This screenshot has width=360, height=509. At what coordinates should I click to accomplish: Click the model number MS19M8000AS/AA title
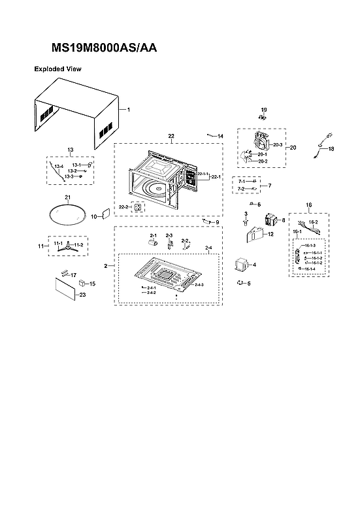click(x=104, y=48)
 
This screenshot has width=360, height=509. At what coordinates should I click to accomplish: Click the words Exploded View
click(x=57, y=68)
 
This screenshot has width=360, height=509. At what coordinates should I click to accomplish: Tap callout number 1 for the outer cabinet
click(x=129, y=110)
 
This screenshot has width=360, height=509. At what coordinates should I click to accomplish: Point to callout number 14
click(x=220, y=136)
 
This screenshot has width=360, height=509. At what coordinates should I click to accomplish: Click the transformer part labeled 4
click(x=242, y=265)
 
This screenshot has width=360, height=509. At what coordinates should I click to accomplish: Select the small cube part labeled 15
click(x=83, y=284)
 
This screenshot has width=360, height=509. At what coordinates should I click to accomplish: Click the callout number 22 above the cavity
click(x=171, y=136)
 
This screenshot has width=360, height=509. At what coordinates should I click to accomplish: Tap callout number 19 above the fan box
click(x=264, y=109)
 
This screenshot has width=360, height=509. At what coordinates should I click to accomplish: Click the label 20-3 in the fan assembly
click(x=277, y=144)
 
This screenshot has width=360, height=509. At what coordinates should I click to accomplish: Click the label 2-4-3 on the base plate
click(x=199, y=285)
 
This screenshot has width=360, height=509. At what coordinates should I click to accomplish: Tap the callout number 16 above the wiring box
click(x=309, y=205)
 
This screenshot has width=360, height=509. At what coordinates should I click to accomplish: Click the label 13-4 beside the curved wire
click(x=58, y=167)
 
